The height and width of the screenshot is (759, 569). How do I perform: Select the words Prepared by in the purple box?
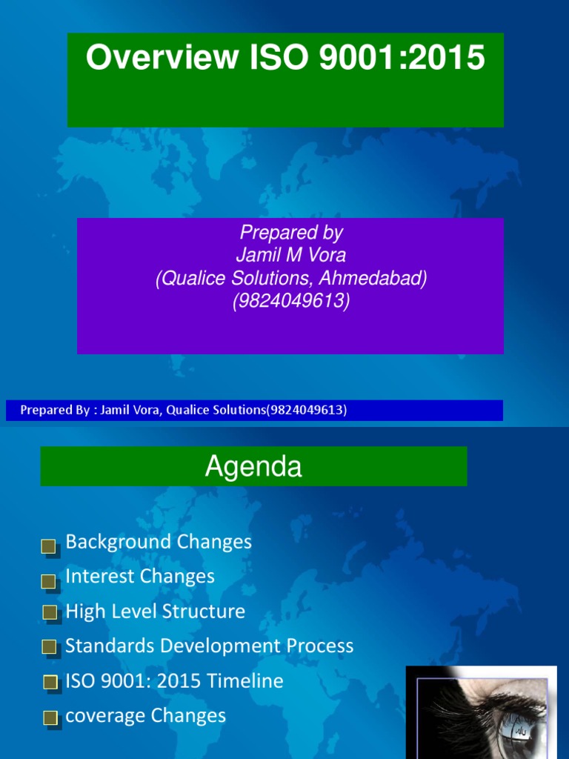click(291, 233)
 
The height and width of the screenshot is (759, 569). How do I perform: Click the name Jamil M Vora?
click(291, 256)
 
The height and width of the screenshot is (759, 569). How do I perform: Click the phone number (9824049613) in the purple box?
click(291, 302)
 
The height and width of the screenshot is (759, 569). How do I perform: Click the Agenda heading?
click(253, 467)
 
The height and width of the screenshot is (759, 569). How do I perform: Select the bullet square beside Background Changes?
click(49, 547)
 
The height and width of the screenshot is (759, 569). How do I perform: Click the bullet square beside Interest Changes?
click(49, 582)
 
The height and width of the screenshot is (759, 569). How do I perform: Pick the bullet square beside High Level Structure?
click(49, 612)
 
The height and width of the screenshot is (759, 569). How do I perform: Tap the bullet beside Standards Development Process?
click(49, 647)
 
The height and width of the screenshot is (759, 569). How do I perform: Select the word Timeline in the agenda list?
click(250, 681)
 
